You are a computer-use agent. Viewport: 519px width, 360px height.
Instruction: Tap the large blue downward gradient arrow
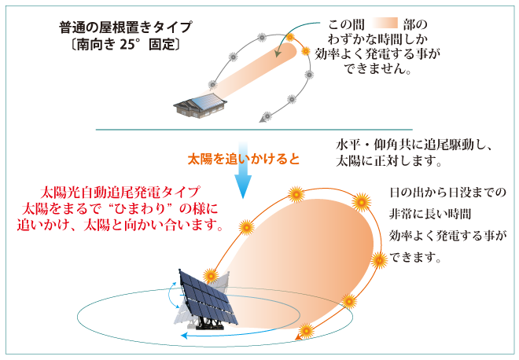243,170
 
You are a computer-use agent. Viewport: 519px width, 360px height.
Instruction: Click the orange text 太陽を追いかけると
243,159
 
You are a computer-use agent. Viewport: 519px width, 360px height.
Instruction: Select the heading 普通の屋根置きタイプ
126,28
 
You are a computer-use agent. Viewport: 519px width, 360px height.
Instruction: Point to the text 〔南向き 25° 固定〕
126,44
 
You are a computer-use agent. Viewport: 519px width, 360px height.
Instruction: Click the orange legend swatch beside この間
385,24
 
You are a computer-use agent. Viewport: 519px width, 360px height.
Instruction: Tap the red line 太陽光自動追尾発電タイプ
120,193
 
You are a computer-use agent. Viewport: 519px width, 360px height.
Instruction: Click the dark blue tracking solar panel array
208,299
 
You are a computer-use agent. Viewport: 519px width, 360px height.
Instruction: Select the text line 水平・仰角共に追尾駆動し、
414,145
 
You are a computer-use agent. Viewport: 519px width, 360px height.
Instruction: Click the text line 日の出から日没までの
447,193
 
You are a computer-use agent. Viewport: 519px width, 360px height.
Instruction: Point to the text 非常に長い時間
430,214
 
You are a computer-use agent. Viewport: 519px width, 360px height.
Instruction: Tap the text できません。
377,69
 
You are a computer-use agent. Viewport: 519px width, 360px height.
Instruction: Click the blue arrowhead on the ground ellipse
184,336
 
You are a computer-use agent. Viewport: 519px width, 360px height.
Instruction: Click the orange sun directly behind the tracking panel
211,275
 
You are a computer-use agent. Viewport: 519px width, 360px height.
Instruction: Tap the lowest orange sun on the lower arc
306,331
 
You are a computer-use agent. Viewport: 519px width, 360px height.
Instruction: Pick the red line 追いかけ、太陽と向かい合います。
120,226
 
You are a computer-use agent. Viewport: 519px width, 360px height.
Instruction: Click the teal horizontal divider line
254,130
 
